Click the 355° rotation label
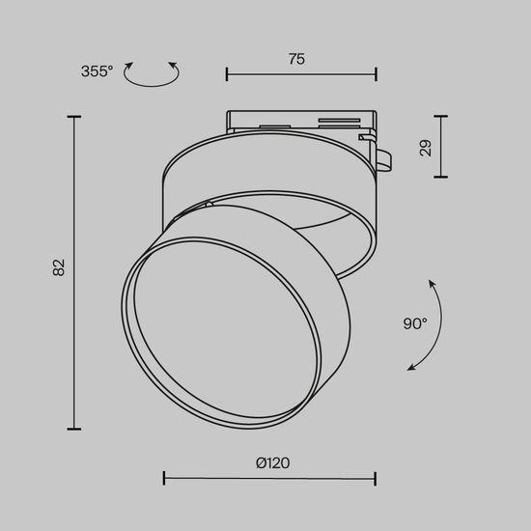click(97, 70)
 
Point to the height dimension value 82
click(59, 268)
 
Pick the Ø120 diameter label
click(272, 462)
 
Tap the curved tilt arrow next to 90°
click(431, 325)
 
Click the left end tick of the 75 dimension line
click(227, 74)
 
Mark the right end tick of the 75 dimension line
click(376, 74)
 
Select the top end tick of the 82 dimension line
click(74, 116)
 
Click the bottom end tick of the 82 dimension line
click(74, 429)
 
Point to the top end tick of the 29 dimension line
click(442, 117)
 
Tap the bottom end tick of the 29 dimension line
click(442, 177)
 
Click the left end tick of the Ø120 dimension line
click(164, 477)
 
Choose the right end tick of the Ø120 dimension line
click(375, 477)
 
